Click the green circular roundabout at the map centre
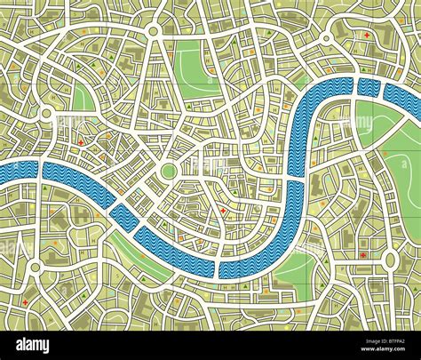tap(168, 171)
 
